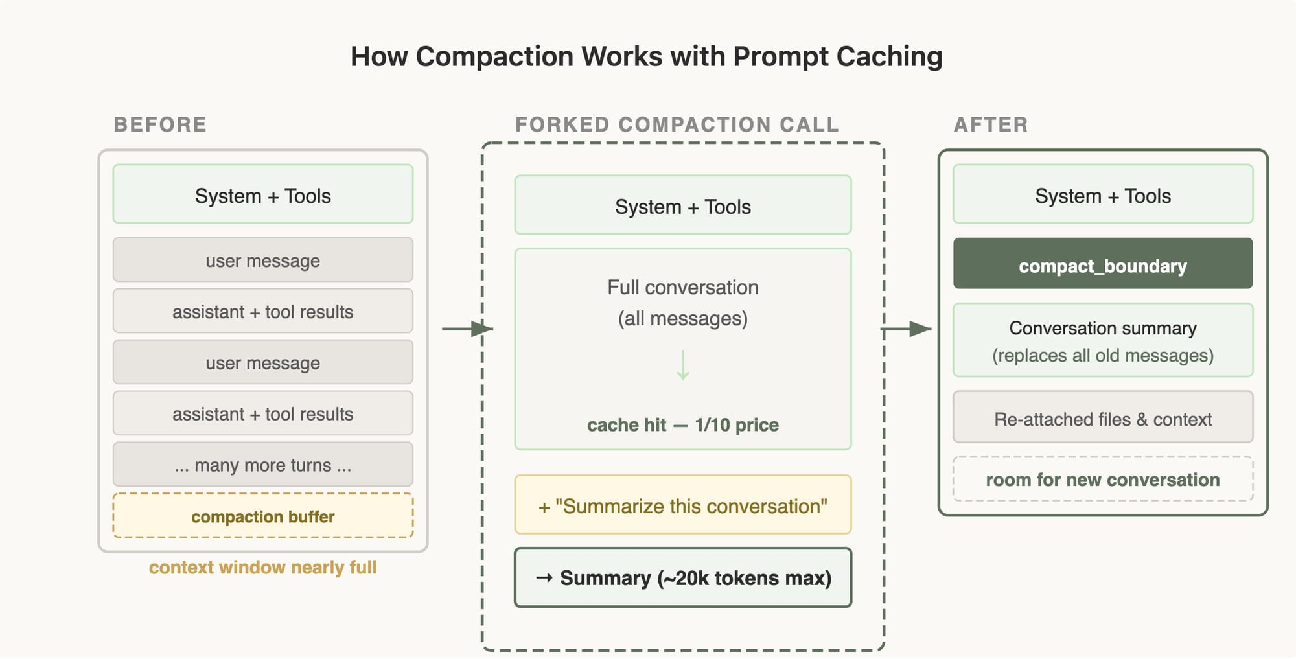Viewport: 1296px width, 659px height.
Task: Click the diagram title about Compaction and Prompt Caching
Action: coord(646,56)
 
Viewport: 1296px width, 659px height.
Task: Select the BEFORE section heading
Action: coord(160,124)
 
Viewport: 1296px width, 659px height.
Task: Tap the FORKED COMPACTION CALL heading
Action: coord(677,124)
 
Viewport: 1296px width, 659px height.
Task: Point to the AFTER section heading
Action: coord(991,124)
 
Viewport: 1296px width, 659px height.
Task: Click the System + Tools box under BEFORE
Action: coord(263,194)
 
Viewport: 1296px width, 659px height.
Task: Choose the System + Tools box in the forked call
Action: coord(683,205)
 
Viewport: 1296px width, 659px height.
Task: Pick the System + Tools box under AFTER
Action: coord(1103,194)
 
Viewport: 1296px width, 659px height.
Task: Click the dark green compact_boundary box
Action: coord(1103,263)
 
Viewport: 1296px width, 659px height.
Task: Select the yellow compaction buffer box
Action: coord(263,516)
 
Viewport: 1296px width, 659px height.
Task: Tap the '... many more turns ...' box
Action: coord(263,465)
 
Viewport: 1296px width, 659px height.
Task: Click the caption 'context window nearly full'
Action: coord(262,568)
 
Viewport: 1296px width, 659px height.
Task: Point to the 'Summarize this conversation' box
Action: coord(683,505)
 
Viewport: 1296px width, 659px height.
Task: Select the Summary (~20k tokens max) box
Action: coord(683,577)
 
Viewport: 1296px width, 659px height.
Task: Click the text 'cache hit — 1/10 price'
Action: coord(683,425)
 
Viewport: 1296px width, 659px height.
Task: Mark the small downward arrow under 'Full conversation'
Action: coord(683,365)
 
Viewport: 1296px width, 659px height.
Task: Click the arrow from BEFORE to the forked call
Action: coord(467,329)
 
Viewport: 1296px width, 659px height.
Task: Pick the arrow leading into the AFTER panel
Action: coord(906,329)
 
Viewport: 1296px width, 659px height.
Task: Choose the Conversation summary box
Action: coord(1103,340)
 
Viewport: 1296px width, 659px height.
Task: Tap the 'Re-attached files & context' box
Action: coord(1103,417)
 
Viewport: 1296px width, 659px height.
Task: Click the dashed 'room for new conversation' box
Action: coord(1103,480)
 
